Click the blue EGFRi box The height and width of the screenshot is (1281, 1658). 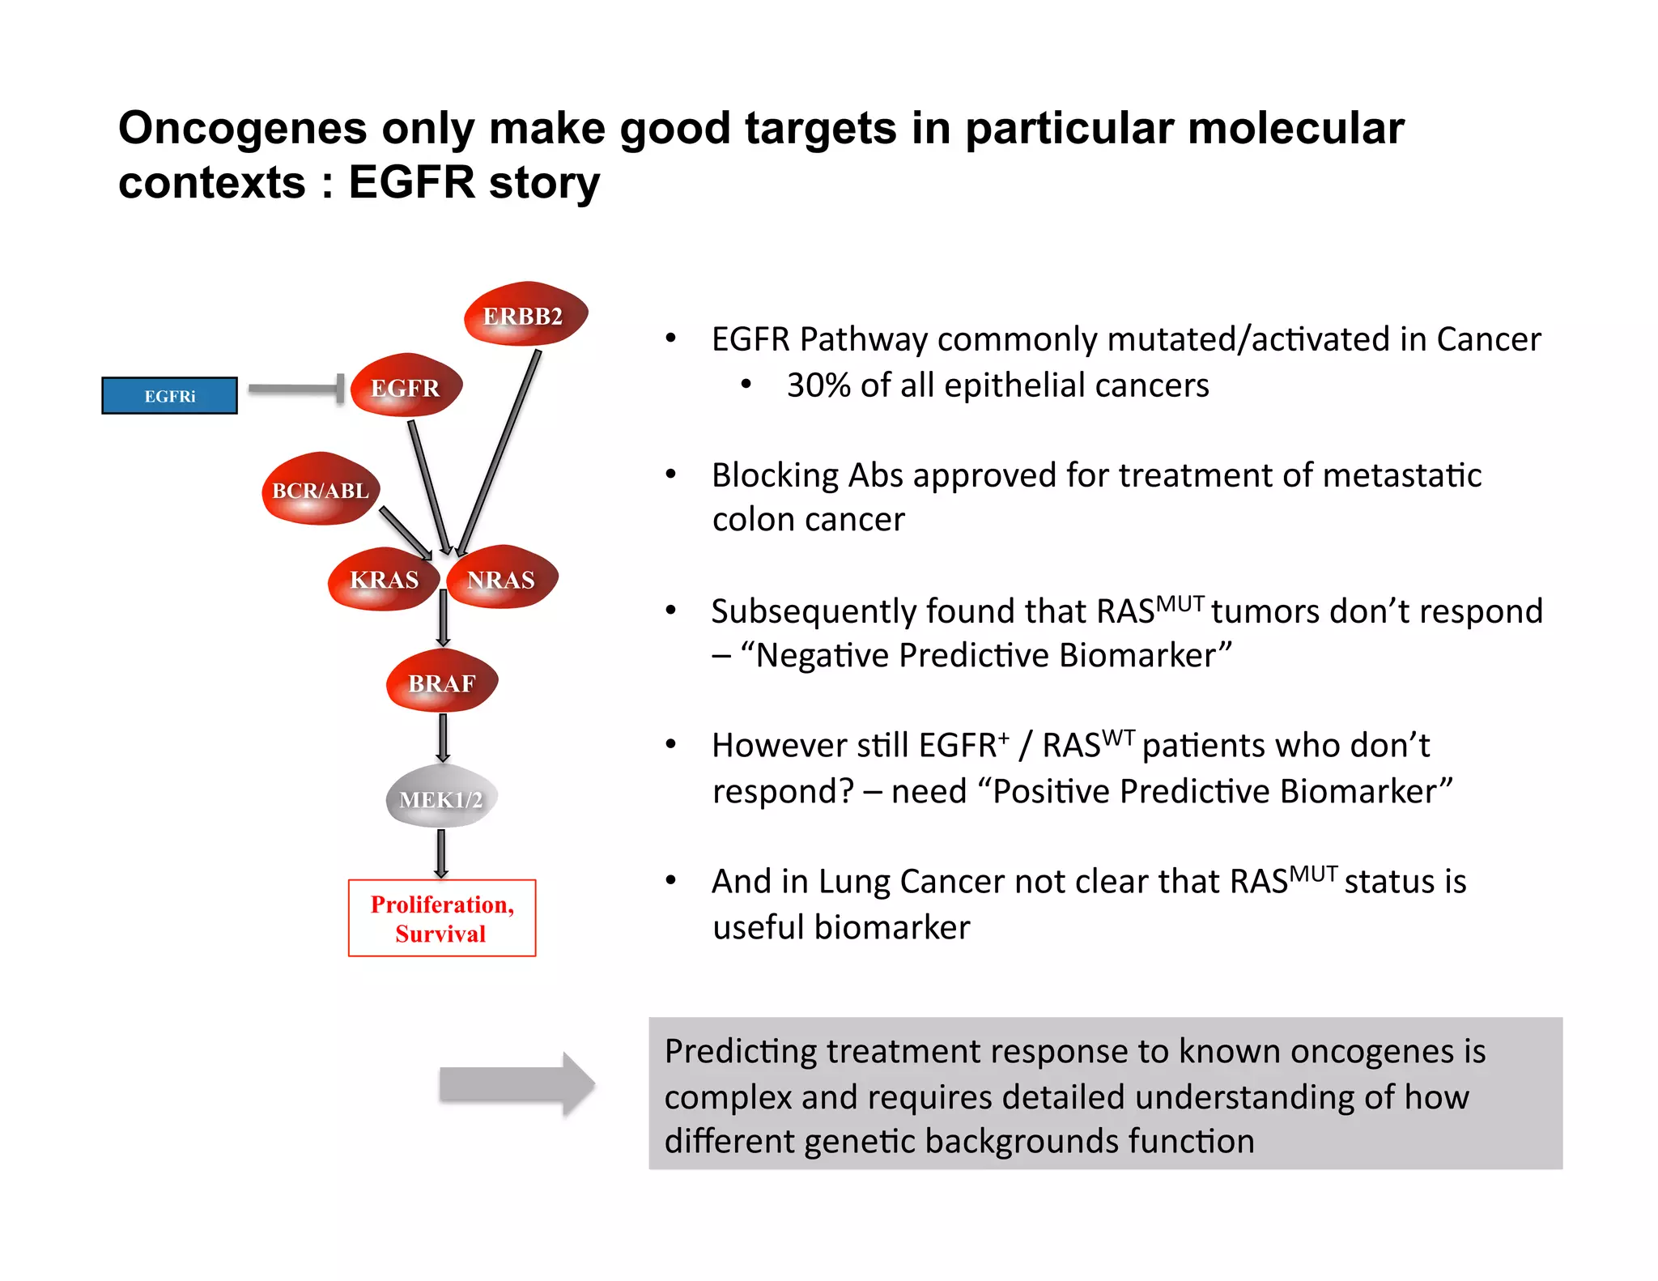[169, 396]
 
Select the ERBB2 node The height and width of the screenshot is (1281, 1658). [525, 315]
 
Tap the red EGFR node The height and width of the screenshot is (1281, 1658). [406, 387]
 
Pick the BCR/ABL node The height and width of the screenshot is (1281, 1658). [321, 490]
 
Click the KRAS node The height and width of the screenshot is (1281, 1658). [384, 580]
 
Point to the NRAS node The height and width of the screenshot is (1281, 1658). [502, 580]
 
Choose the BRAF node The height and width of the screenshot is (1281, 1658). [441, 683]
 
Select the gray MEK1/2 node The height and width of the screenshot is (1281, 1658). [441, 798]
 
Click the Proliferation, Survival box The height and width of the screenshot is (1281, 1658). [442, 918]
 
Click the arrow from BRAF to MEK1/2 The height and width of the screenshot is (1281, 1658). [443, 737]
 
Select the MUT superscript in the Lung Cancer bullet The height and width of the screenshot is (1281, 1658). [1312, 875]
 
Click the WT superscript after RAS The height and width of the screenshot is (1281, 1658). [1118, 738]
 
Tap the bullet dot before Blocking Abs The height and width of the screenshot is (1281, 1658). [670, 474]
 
